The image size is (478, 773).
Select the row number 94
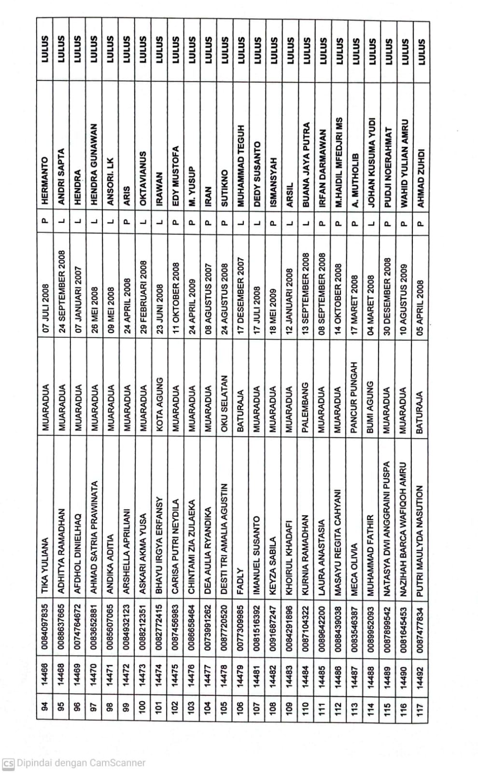pos(45,706)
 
